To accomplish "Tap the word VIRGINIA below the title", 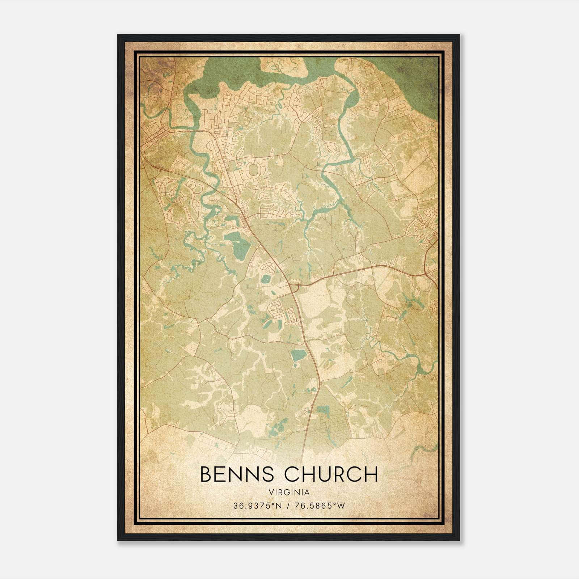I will tap(289, 493).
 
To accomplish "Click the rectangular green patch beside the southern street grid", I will tap(322, 410).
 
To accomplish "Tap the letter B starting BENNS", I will tap(206, 474).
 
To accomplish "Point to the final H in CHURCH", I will tap(371, 474).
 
